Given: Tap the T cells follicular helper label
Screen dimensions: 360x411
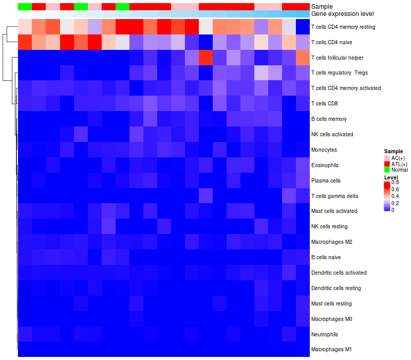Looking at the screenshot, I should point(338,57).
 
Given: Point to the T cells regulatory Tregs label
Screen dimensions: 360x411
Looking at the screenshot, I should point(339,73).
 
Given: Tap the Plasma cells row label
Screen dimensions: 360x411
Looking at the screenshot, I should point(326,181).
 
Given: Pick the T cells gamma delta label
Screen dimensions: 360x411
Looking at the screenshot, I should point(335,196).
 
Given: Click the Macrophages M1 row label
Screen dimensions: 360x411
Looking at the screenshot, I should point(331,350).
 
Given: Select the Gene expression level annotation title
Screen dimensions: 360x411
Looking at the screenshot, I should point(343,14).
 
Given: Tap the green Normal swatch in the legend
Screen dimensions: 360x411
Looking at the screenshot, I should point(387,170).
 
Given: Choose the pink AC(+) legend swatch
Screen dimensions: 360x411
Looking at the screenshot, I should point(387,157).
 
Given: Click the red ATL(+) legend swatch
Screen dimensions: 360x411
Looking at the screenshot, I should point(387,164).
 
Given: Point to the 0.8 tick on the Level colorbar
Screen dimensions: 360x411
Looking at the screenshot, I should point(395,182).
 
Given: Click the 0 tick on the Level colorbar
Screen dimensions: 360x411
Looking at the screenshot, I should point(393,210).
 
